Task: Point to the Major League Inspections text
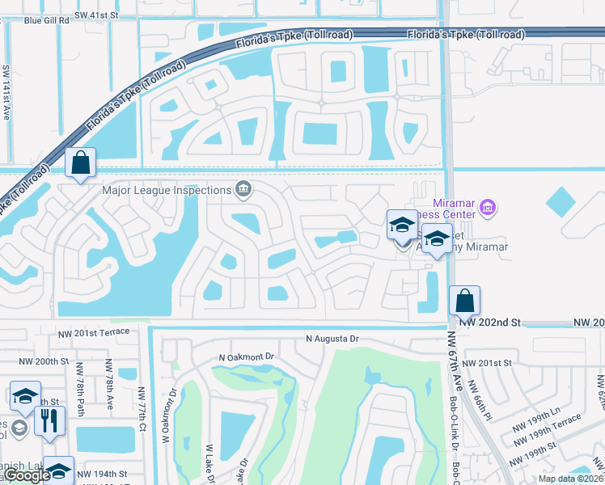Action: click(167, 190)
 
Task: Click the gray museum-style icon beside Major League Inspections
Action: click(243, 190)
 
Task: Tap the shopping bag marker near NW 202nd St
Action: click(465, 301)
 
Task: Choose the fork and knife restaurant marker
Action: click(49, 420)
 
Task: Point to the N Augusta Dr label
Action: click(332, 339)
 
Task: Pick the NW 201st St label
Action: click(489, 364)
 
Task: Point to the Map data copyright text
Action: click(570, 479)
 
